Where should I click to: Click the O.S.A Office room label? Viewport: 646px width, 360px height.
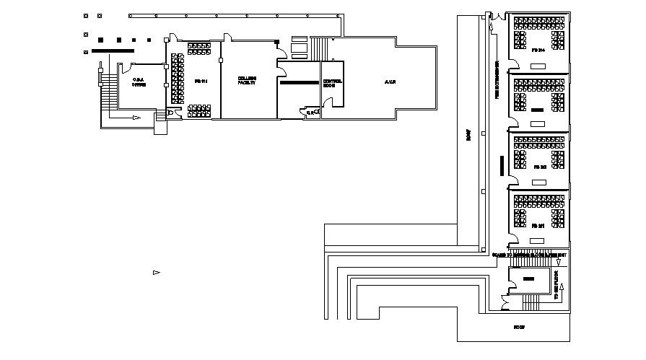(x=139, y=82)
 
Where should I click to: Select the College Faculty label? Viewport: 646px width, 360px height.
(x=247, y=81)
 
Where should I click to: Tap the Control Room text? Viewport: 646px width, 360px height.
(x=332, y=83)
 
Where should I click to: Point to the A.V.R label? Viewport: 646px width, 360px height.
(x=391, y=81)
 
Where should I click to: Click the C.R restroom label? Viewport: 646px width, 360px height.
(x=310, y=113)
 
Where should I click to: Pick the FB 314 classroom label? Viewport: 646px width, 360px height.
(x=537, y=51)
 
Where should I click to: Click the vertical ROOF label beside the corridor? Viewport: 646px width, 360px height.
(x=468, y=136)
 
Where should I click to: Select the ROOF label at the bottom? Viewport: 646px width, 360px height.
(x=518, y=327)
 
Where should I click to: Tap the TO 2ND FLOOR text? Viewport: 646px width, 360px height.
(x=556, y=286)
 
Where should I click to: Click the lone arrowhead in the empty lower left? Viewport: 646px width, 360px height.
(x=155, y=272)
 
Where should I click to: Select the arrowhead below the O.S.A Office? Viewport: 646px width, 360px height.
(x=135, y=117)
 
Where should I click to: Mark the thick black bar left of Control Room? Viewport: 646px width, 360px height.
(x=298, y=83)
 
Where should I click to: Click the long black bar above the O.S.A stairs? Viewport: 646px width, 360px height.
(x=113, y=51)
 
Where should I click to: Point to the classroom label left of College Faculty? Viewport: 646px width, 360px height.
(x=202, y=82)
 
